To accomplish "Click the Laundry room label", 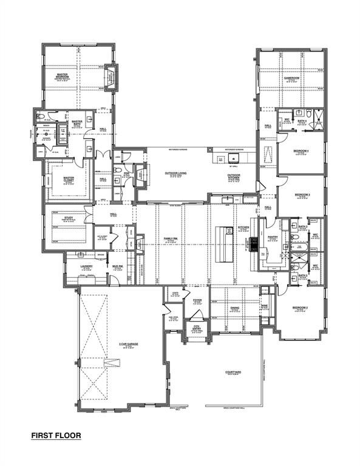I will tap(86, 266).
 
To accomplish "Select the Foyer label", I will tap(197, 300).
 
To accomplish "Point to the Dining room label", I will tap(234, 308).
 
